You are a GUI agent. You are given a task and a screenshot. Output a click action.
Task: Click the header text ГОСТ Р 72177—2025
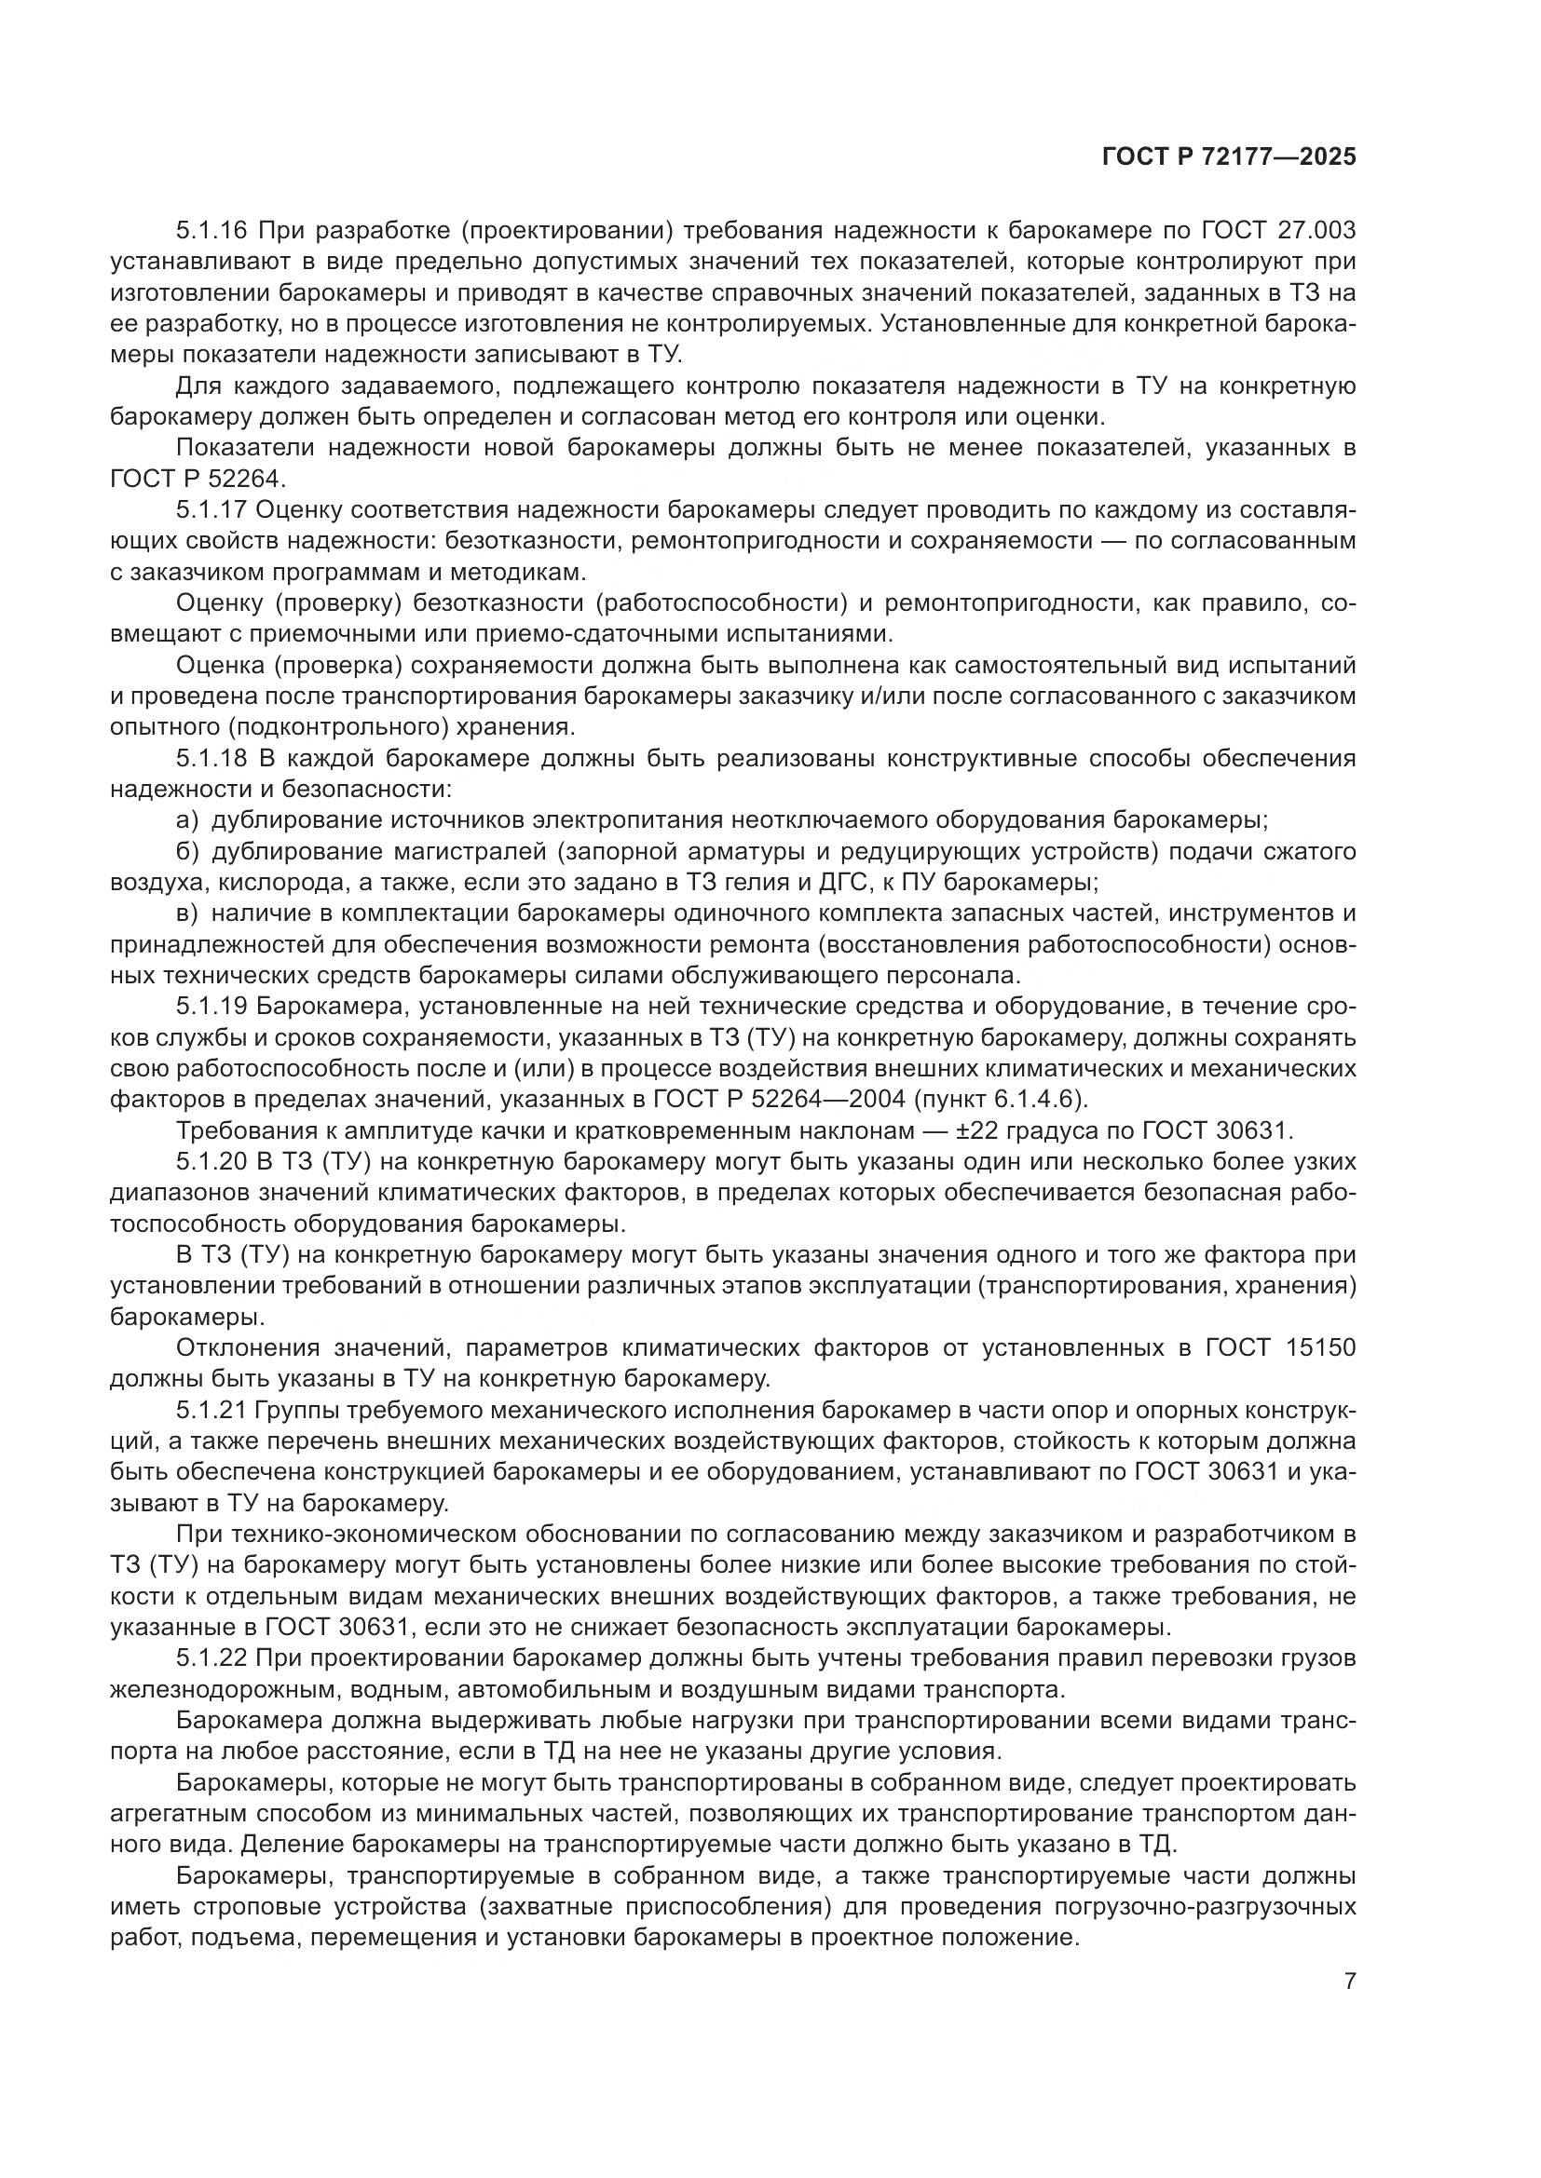click(1229, 157)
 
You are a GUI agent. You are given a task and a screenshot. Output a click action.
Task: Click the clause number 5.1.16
click(211, 231)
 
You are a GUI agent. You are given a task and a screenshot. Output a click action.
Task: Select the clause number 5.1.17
click(211, 510)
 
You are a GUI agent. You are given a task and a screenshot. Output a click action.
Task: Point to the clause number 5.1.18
click(211, 759)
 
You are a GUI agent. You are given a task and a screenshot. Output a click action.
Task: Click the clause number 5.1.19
click(211, 1008)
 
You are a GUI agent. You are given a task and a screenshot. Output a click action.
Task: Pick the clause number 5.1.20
click(211, 1163)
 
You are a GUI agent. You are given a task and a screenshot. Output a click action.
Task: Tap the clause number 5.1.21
click(211, 1412)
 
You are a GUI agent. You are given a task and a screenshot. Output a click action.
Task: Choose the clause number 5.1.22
click(211, 1660)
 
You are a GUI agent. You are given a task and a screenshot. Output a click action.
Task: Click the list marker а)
click(188, 821)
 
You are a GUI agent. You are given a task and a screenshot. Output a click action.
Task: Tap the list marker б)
click(188, 852)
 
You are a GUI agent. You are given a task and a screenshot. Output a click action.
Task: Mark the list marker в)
click(188, 914)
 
